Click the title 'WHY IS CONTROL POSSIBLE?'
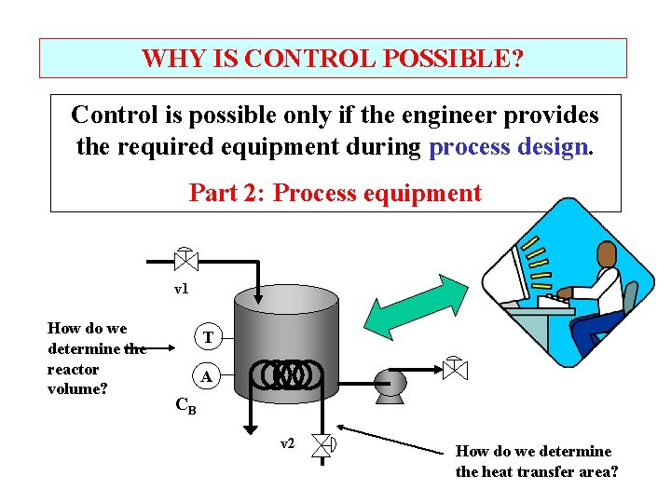pos(333,59)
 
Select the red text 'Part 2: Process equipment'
pos(335,193)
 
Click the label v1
pos(182,289)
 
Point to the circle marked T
pos(208,336)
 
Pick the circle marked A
pos(208,376)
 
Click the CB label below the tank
pos(185,406)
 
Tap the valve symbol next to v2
pos(324,444)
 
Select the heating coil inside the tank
pos(292,375)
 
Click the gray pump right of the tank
pos(388,382)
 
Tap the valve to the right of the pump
pos(455,369)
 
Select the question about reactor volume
pos(95,358)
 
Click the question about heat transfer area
pos(536,461)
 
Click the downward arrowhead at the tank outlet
pos(249,428)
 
